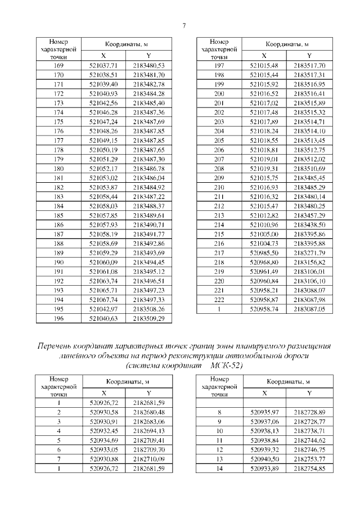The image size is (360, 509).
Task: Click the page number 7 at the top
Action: coord(184,25)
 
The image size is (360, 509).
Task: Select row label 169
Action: coord(58,66)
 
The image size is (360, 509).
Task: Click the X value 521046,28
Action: coord(103,113)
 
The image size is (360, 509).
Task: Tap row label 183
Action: coord(58,196)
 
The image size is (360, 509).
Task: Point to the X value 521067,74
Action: coord(103,300)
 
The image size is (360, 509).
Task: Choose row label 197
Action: coord(219,66)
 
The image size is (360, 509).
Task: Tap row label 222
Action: coord(219,300)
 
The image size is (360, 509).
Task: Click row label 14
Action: coord(219,468)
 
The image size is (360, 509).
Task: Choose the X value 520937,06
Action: coord(264,421)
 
